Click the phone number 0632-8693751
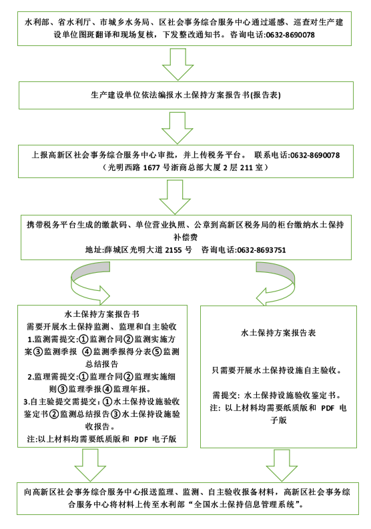[x=262, y=250]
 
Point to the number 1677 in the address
[x=151, y=167]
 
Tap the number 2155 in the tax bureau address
[x=173, y=250]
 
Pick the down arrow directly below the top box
[x=177, y=64]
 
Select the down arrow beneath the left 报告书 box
[x=90, y=465]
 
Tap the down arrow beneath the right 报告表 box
[x=282, y=465]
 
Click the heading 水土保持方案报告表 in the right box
[x=278, y=333]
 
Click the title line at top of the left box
[x=101, y=314]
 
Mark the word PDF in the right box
[x=328, y=408]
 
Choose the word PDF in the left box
[x=141, y=439]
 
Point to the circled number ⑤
[x=157, y=352]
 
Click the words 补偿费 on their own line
[x=185, y=237]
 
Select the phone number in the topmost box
[x=290, y=35]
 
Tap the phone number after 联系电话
[x=315, y=155]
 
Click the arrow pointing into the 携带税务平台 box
[x=175, y=197]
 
